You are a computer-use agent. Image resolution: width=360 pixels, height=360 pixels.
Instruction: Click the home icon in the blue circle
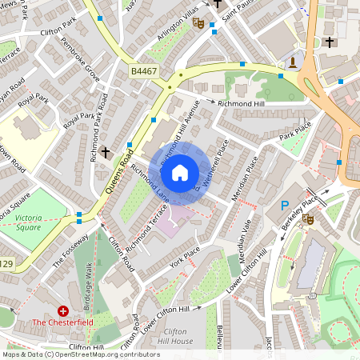(x=180, y=172)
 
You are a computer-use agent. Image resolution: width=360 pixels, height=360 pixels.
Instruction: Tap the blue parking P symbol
(x=284, y=206)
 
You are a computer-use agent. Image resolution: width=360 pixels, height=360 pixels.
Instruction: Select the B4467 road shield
(x=144, y=72)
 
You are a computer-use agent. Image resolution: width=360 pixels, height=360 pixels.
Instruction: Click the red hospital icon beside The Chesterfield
(x=63, y=310)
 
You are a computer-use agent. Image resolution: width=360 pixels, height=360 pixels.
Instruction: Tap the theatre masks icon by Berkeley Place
(x=307, y=218)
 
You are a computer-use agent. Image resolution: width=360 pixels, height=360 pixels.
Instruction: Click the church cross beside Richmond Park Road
(x=106, y=151)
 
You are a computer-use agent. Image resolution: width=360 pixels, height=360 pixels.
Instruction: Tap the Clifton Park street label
(x=58, y=34)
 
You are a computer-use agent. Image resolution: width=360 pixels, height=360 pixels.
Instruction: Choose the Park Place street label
(x=294, y=130)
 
